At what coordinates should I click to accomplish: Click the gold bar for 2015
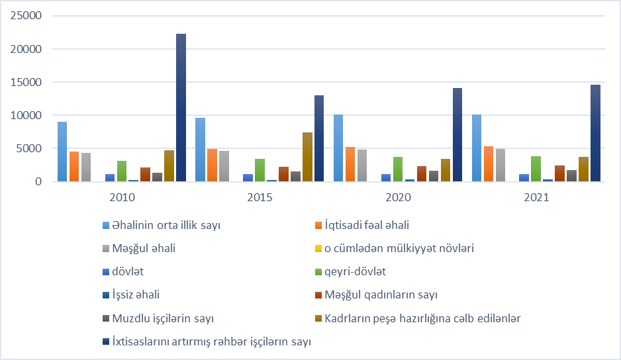(307, 157)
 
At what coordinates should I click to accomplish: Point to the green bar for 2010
(121, 171)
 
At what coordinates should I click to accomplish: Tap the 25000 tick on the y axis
(27, 16)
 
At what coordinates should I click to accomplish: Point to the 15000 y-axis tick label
(27, 82)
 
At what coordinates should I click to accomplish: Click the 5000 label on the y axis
(30, 148)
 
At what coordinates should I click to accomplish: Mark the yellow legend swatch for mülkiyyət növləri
(319, 249)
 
